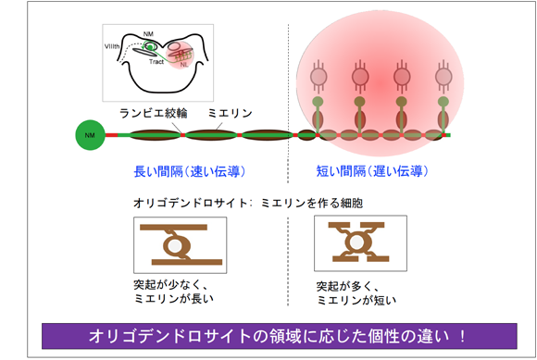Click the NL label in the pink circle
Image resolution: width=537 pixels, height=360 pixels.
tap(185, 66)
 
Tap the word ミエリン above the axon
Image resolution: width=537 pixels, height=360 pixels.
tap(227, 114)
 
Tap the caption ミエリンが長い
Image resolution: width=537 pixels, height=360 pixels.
tap(171, 299)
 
